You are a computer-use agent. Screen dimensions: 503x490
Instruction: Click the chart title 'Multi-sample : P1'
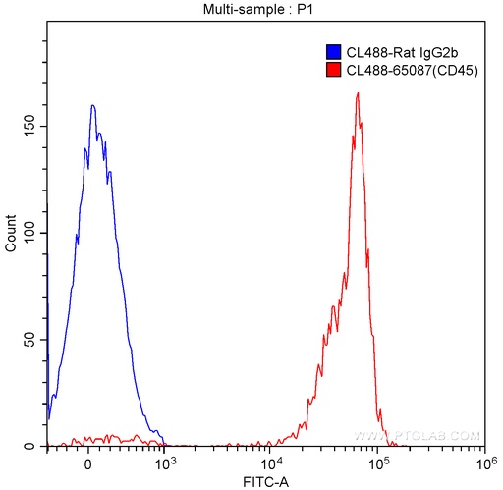click(x=258, y=9)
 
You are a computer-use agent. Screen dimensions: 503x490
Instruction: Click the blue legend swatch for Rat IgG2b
click(x=333, y=52)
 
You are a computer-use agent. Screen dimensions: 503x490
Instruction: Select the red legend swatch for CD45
click(x=333, y=70)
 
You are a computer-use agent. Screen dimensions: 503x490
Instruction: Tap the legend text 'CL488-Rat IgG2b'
click(x=402, y=52)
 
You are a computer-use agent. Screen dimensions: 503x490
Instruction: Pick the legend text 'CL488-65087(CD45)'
click(x=413, y=70)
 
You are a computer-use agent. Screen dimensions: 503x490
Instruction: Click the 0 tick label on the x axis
click(x=87, y=465)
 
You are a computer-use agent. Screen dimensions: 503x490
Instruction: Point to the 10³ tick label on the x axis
click(x=164, y=463)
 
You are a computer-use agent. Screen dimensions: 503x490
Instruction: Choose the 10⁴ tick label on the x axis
click(x=270, y=463)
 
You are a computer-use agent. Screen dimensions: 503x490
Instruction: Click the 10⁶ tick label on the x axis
click(x=485, y=463)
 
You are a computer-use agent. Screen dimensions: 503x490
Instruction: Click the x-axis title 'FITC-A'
click(x=266, y=482)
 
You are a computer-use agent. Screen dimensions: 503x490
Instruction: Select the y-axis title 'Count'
click(x=11, y=234)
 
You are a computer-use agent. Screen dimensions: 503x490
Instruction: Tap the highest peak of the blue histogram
click(x=93, y=105)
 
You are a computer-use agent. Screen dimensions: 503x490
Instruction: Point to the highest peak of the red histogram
click(x=358, y=93)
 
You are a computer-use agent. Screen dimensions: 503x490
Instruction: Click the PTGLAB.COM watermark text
click(x=417, y=436)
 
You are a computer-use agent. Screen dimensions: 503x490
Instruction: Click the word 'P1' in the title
click(x=305, y=9)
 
